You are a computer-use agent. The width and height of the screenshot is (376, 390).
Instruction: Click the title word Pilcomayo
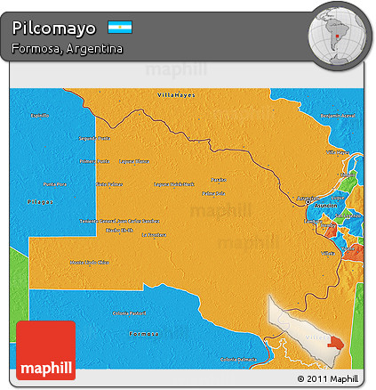coord(54,28)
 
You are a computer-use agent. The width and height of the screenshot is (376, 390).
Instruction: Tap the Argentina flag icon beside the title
coord(119,28)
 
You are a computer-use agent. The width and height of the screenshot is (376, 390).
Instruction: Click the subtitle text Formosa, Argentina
coord(68,48)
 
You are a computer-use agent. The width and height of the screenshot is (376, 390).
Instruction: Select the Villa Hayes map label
coord(175,93)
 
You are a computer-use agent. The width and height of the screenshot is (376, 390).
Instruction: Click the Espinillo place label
coord(40,116)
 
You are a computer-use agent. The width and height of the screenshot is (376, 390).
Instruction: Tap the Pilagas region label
coord(40,203)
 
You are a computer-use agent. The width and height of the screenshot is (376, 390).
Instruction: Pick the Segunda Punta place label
coord(94,138)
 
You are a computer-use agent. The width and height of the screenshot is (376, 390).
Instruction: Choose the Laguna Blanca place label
coord(135,161)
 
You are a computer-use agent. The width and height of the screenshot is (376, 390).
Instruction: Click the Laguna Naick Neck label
coord(174,184)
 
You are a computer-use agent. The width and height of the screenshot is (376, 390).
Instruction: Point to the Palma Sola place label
coord(212,192)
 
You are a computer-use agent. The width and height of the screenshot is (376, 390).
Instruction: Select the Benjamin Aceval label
coord(338,116)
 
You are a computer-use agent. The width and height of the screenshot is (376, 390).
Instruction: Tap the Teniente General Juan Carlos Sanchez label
coord(120,220)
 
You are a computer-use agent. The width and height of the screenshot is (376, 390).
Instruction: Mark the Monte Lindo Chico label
coord(90,262)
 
